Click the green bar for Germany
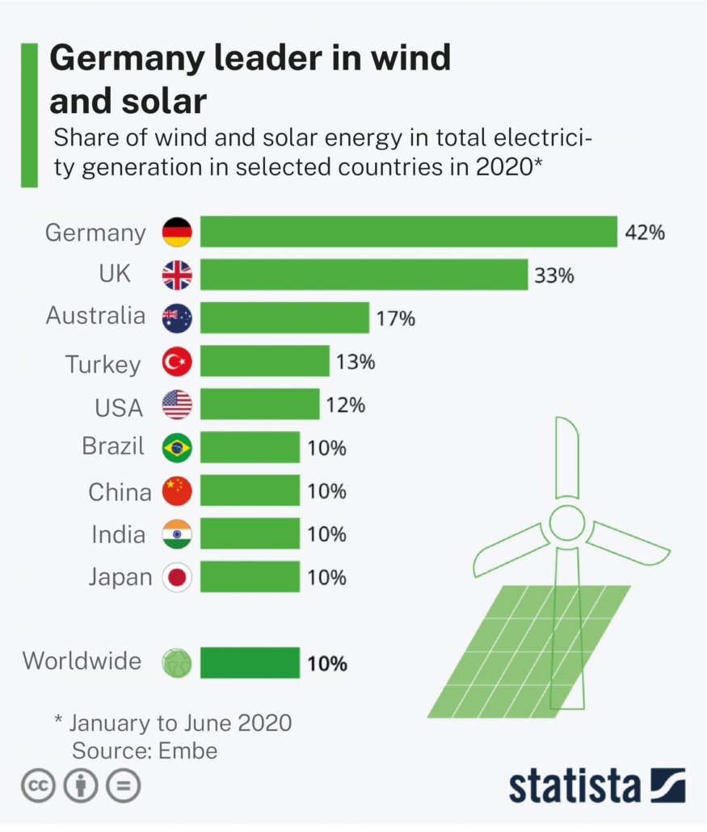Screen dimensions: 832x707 pos(408,232)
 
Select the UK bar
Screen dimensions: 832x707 pos(364,275)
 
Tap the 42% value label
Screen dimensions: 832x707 pos(644,233)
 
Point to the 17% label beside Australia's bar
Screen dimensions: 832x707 pos(395,318)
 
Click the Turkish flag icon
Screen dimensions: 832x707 pos(177,362)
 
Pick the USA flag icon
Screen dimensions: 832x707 pos(177,405)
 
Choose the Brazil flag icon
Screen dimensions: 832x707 pos(177,448)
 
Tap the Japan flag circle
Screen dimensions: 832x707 pos(177,578)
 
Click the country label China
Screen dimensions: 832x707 pos(120,492)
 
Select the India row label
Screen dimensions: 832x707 pos(119,535)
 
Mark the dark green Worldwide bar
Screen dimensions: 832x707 pos(250,663)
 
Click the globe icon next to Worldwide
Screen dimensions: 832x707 pos(177,663)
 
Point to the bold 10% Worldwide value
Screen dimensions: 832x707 pos(327,664)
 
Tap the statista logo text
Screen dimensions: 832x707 pos(574,786)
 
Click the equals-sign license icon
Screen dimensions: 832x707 pos(123,786)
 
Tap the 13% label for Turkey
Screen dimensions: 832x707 pos(356,362)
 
